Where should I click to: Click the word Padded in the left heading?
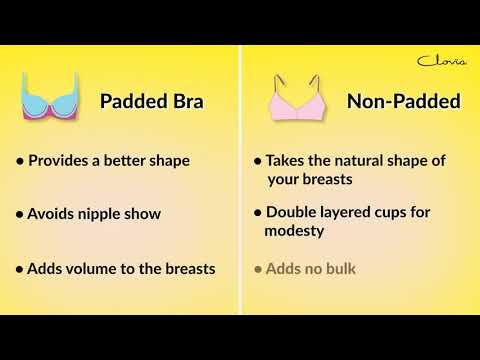[x=131, y=101]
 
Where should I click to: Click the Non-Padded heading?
[x=403, y=101]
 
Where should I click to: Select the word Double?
[x=293, y=213]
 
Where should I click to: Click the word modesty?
[x=296, y=230]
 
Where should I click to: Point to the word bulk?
[x=340, y=268]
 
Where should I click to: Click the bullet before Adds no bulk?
[x=258, y=269]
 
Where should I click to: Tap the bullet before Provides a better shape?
[x=20, y=161]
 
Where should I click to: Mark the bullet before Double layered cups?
[x=258, y=214]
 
